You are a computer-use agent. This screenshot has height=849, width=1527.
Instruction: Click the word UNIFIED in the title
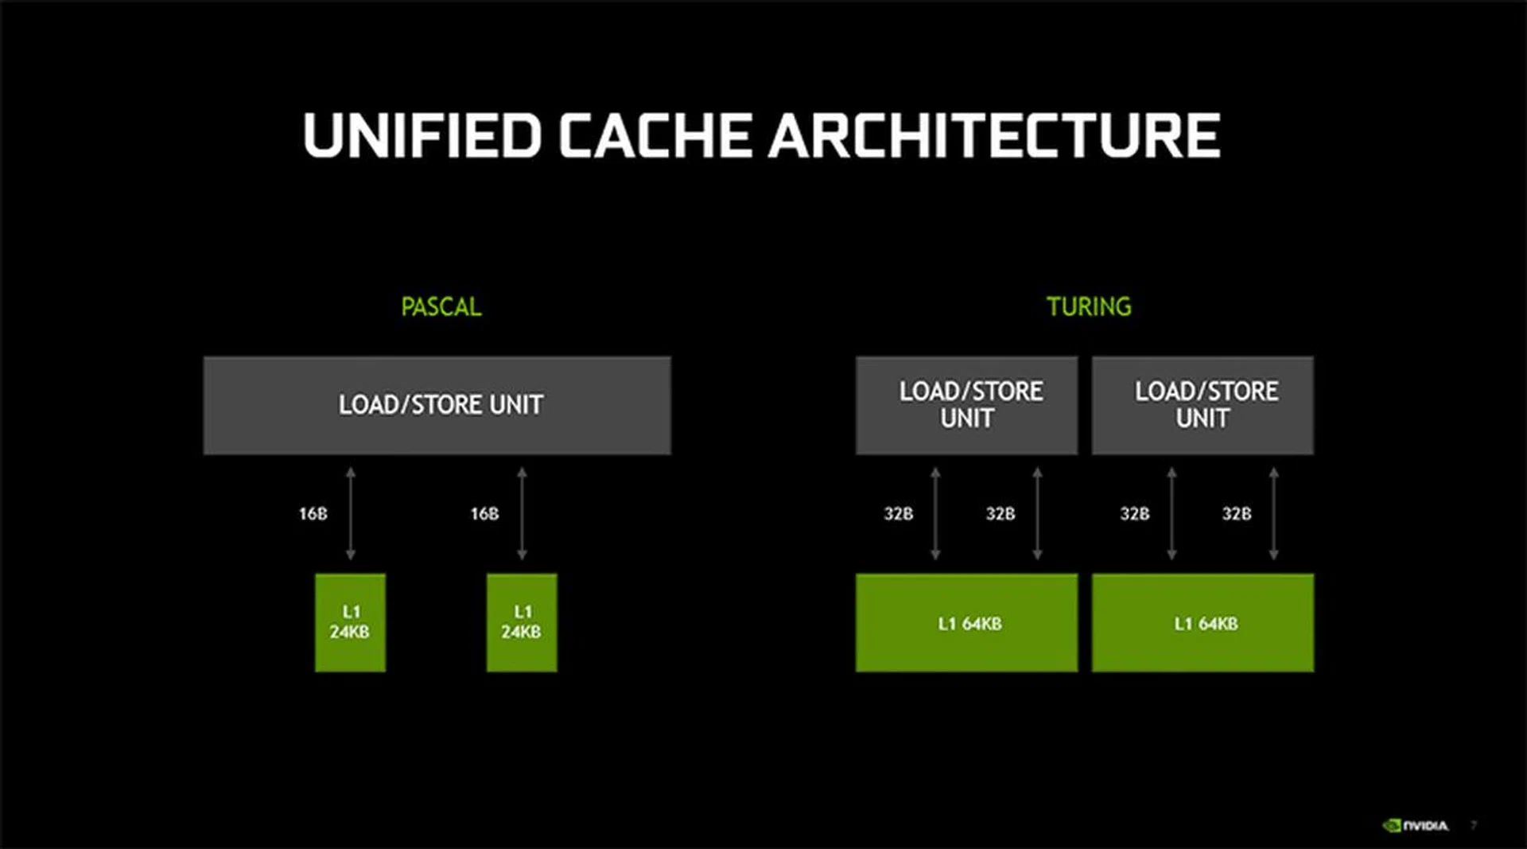click(x=422, y=135)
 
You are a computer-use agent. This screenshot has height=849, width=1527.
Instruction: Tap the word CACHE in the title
click(x=655, y=135)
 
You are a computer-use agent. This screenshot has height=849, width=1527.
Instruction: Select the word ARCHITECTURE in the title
click(x=994, y=135)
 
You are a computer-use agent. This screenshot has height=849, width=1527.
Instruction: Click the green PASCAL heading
click(x=441, y=307)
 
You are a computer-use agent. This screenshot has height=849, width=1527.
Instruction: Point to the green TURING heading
click(x=1089, y=306)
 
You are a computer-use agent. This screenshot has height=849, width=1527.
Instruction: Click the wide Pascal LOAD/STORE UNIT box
click(x=437, y=405)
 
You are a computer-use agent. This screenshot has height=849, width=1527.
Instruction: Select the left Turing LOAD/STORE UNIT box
click(x=966, y=405)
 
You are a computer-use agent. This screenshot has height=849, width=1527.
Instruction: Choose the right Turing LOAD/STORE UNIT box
click(x=1203, y=405)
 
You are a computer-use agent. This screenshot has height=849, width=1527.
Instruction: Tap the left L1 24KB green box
click(x=350, y=622)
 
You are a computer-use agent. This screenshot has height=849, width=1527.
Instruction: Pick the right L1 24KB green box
click(x=522, y=622)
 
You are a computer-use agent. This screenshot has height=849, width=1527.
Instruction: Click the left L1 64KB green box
click(x=966, y=623)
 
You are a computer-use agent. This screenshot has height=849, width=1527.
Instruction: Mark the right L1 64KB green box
click(x=1203, y=623)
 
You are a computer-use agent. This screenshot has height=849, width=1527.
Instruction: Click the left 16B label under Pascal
click(x=313, y=514)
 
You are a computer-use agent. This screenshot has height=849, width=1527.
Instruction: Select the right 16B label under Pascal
click(x=484, y=514)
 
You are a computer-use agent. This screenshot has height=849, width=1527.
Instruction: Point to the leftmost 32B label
click(x=899, y=514)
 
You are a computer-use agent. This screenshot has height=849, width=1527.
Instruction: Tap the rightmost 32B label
click(x=1237, y=514)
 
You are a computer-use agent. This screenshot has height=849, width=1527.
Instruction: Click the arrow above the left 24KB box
click(x=351, y=514)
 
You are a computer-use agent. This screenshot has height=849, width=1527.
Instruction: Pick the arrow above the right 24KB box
click(x=522, y=514)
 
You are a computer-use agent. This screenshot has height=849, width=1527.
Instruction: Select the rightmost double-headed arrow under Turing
click(x=1273, y=514)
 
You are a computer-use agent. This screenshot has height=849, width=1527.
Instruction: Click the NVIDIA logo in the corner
click(x=1416, y=826)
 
